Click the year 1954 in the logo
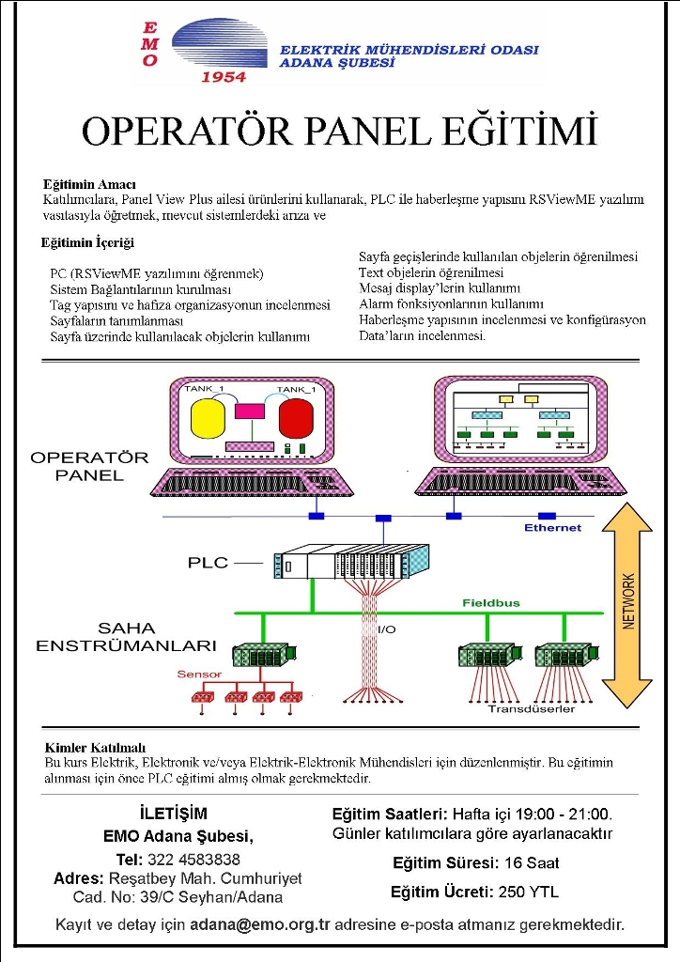pos(224,77)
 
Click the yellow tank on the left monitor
pos(208,418)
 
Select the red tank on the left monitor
pos(296,418)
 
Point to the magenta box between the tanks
pos(250,411)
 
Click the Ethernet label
pos(552,528)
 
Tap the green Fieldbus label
pos(490,603)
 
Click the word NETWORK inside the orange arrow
pos(629,601)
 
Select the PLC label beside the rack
pos(208,563)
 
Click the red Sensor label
pos(199,675)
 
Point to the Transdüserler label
pos(532,709)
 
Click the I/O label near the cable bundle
pos(387,629)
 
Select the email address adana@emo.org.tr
pos(260,924)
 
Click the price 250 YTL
pos(529,892)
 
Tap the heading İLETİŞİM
pos(174,814)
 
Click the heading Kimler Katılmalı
pos(95,748)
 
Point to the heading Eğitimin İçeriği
pos(87,243)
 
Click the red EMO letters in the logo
pos(150,44)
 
